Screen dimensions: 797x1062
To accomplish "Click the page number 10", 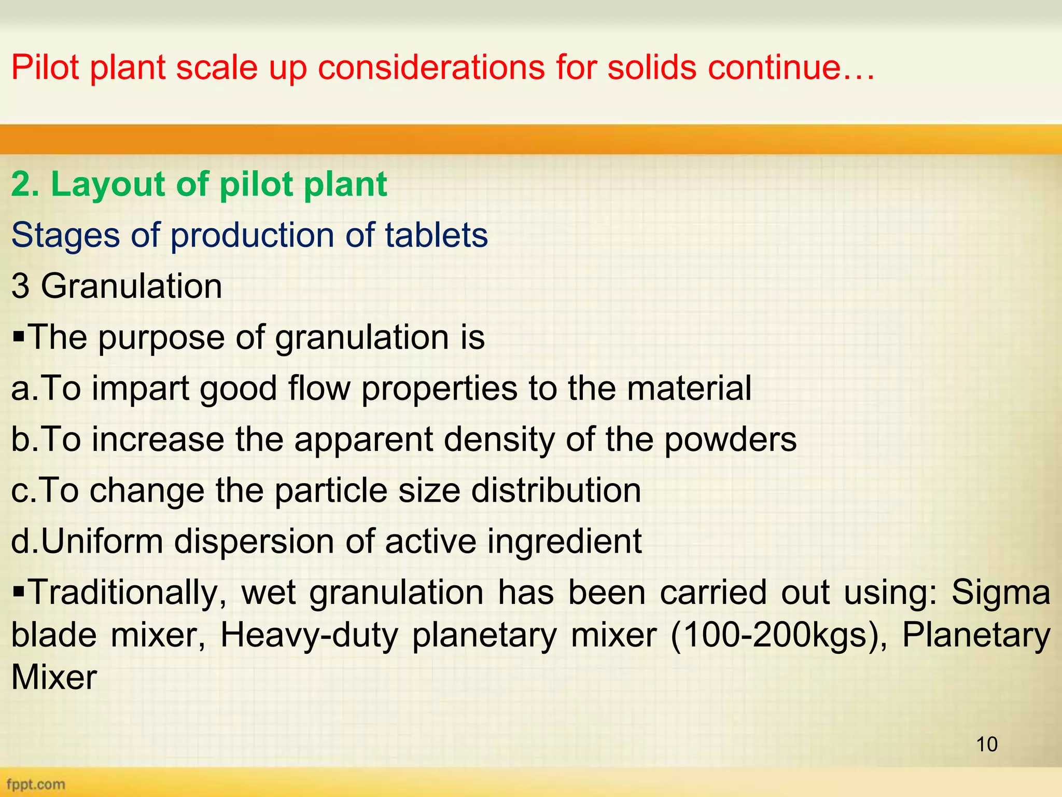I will (987, 744).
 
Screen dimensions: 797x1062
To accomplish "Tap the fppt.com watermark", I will (36, 784).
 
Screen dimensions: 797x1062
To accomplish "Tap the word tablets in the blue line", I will (436, 235).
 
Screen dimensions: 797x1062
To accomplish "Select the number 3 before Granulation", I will (20, 286).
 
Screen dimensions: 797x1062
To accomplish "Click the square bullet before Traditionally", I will (19, 591).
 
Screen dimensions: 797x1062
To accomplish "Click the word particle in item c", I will (331, 491).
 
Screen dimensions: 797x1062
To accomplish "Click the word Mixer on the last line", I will (54, 678).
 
